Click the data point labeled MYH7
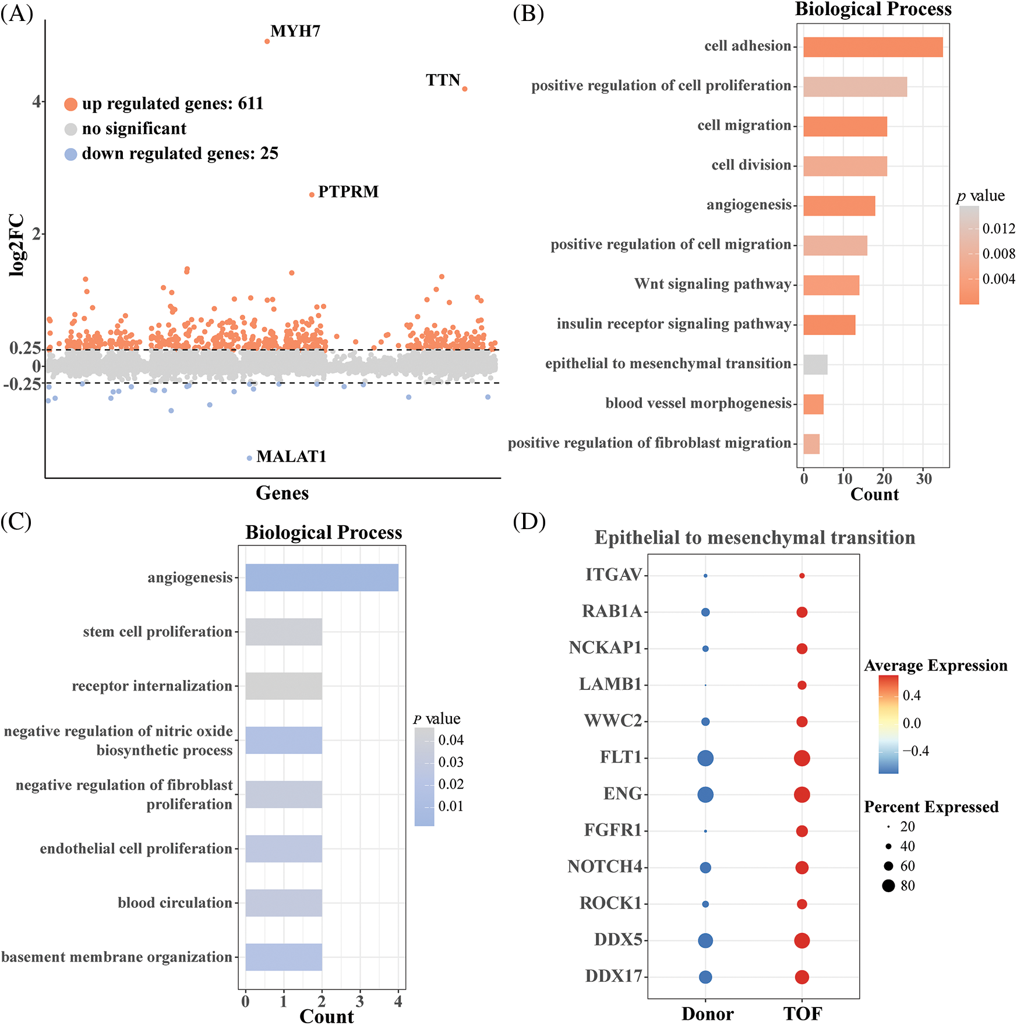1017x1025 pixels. (267, 41)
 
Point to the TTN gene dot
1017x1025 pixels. (464, 89)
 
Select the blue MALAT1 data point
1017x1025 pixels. (249, 458)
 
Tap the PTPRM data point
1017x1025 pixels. (312, 195)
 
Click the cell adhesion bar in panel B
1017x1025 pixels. (873, 47)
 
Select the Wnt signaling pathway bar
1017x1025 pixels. (831, 286)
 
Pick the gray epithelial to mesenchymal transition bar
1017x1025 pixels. (815, 365)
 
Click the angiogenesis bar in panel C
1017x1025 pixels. (322, 577)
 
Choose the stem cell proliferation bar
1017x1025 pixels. (284, 632)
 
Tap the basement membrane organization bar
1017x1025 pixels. (284, 957)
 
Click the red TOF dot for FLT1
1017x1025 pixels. (801, 758)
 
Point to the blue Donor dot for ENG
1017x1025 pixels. (705, 794)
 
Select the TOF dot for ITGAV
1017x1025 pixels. (801, 576)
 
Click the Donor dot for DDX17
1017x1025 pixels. (705, 977)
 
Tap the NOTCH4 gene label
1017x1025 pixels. (605, 867)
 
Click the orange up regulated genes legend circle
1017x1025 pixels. (70, 104)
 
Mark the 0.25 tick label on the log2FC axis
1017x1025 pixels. (24, 348)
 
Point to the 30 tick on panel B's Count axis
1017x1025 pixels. (924, 479)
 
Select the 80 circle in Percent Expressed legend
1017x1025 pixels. (888, 886)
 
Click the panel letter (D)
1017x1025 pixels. (529, 522)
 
